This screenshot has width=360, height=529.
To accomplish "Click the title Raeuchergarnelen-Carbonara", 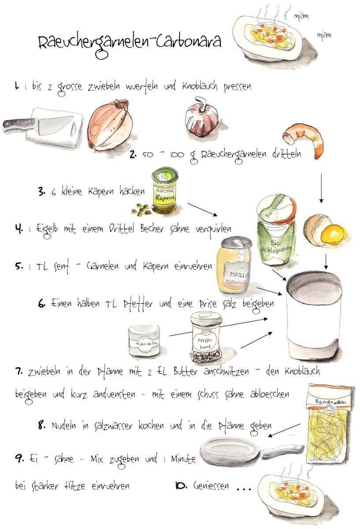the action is coord(130,44).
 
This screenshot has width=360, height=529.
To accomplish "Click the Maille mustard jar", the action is coord(235,265).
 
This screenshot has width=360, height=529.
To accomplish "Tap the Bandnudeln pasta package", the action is coord(329,425).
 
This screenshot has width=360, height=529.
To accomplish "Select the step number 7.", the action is coord(19,372).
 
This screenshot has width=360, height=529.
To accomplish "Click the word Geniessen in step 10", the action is coord(211,486).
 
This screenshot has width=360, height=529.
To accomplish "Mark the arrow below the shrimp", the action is coord(321,188).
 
